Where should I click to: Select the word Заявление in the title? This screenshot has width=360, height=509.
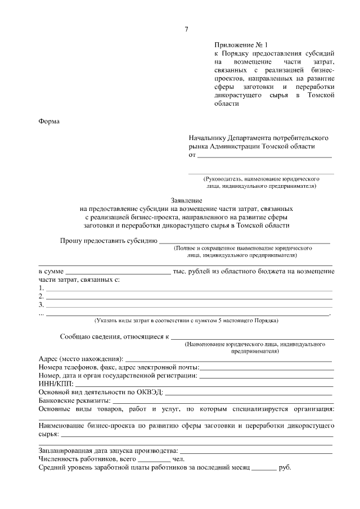point(186,200)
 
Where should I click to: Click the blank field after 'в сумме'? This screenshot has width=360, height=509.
point(118,271)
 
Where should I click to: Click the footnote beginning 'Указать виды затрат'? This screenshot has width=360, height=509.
point(186,321)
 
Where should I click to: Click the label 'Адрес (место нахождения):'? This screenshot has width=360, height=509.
point(80,359)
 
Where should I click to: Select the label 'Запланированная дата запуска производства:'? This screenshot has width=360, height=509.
point(107,451)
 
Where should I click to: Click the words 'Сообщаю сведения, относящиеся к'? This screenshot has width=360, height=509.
point(115,336)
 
